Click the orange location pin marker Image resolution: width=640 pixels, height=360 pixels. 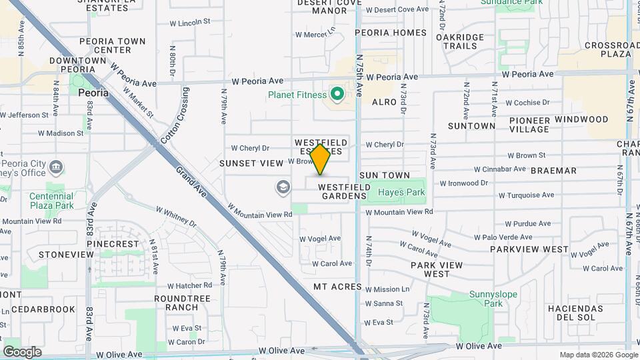(x=321, y=159)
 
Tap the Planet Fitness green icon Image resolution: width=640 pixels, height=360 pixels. (x=337, y=95)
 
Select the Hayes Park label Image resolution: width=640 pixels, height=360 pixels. (x=401, y=193)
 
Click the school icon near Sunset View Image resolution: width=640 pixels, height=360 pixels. (x=283, y=187)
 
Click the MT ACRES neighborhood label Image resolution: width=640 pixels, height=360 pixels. (x=337, y=287)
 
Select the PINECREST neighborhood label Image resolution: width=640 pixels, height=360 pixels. (x=117, y=244)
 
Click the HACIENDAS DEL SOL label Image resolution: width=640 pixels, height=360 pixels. (x=575, y=313)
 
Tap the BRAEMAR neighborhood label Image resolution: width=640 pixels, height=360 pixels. (x=553, y=171)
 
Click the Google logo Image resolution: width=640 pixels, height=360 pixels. (x=22, y=351)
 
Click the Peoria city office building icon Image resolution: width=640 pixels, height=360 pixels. (x=57, y=166)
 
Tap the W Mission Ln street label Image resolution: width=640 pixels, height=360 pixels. (x=387, y=289)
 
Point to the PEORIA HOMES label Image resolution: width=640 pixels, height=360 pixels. (x=391, y=32)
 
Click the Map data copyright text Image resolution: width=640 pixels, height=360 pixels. (x=598, y=355)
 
